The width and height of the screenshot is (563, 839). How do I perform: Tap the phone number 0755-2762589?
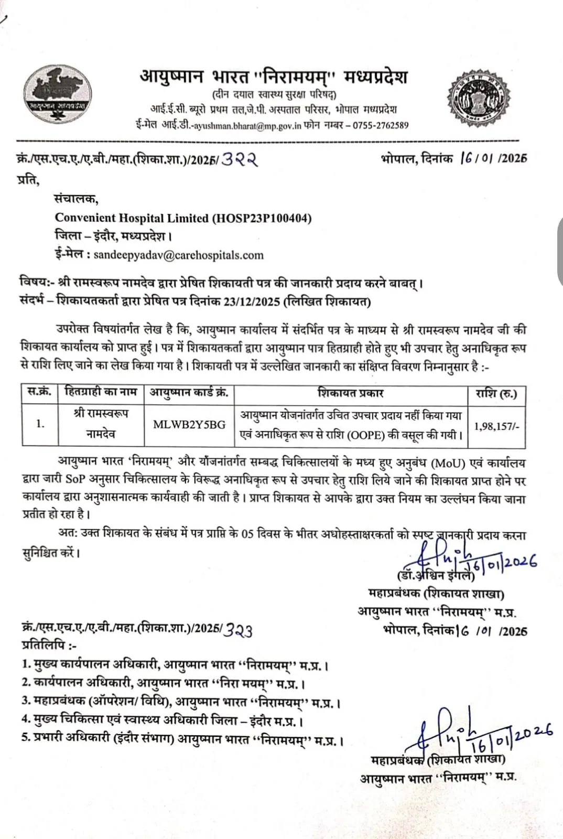[381, 125]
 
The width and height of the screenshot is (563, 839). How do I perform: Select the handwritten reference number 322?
[240, 159]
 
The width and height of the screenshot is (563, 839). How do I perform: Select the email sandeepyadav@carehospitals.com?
[178, 255]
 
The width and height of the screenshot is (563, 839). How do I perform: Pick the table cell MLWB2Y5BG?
[189, 425]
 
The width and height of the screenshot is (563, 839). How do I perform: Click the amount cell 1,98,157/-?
[496, 426]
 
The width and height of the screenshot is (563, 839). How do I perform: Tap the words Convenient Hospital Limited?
[132, 218]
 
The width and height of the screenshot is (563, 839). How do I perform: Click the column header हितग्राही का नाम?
[101, 393]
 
